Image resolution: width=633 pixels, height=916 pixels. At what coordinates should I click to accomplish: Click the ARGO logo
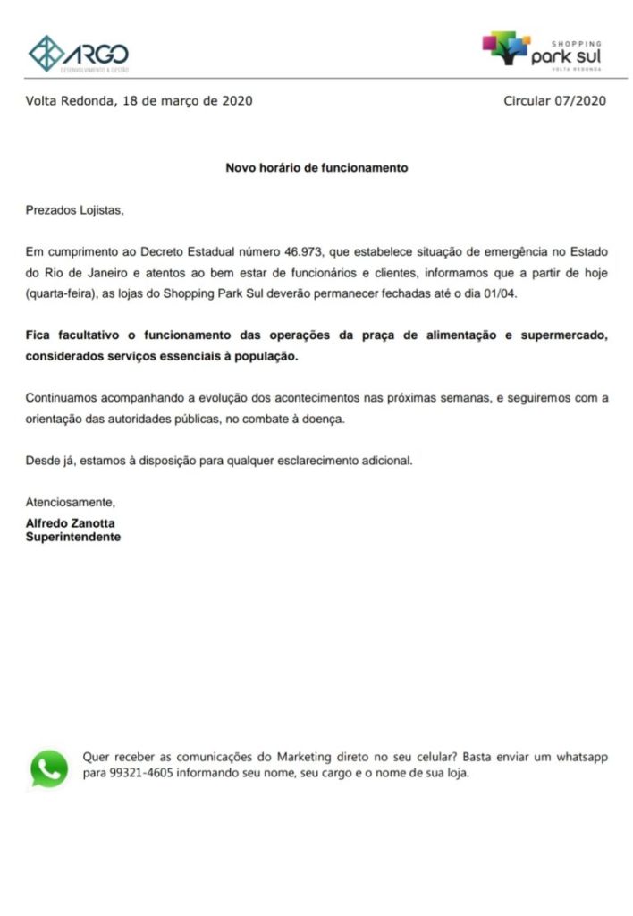point(79,53)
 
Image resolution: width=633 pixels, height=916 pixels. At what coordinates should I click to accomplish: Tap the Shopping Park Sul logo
point(542,50)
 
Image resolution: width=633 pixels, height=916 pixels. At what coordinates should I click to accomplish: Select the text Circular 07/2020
point(554,100)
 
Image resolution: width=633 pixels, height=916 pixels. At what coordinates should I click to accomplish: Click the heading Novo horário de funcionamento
point(316,167)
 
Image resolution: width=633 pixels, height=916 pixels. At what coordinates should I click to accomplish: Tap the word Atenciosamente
point(70,502)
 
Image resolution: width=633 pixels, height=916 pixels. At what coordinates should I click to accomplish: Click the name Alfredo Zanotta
point(70,523)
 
